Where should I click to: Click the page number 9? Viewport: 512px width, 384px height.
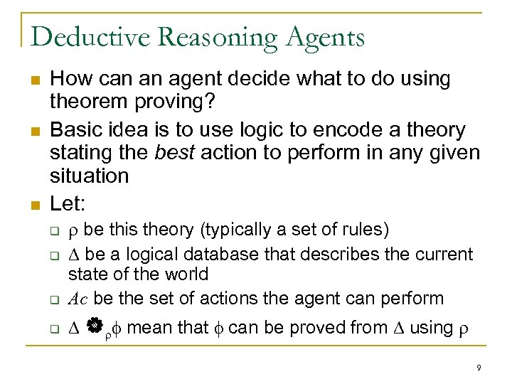pyautogui.click(x=479, y=368)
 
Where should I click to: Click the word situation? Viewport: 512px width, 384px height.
pyautogui.click(x=90, y=176)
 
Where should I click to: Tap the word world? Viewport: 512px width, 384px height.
pyautogui.click(x=183, y=274)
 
